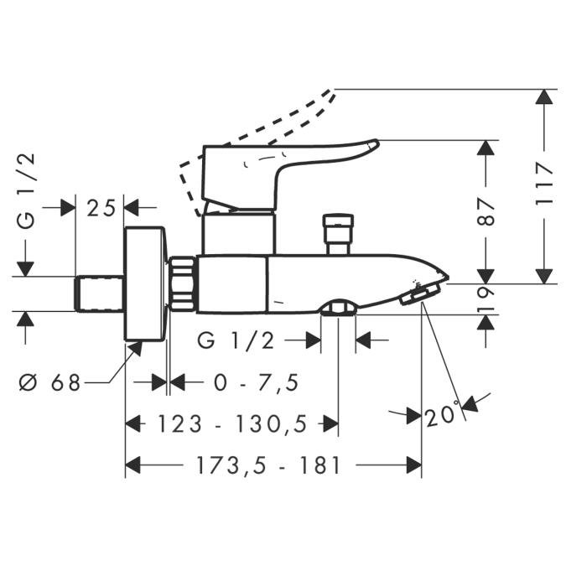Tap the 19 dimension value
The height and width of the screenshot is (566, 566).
(x=486, y=299)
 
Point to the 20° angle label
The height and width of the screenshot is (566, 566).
(x=443, y=415)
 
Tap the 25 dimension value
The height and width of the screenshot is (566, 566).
(x=100, y=208)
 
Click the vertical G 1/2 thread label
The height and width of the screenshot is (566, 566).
(x=28, y=191)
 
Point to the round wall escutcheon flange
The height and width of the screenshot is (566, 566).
(x=144, y=283)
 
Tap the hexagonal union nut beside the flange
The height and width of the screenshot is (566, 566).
(x=183, y=283)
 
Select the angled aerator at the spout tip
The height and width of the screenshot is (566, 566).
(x=420, y=293)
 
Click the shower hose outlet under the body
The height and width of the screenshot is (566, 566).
(x=338, y=309)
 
